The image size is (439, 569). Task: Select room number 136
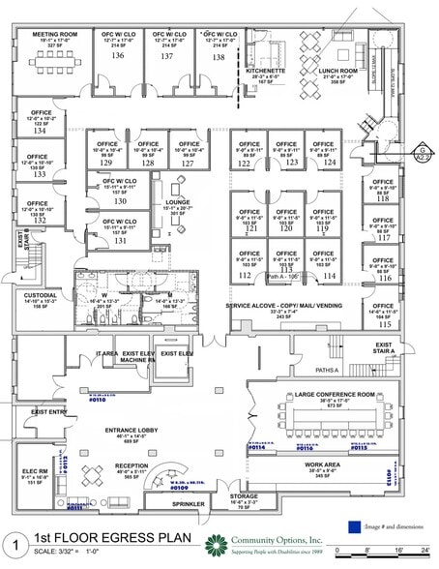tap(118, 56)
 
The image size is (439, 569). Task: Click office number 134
tap(40, 130)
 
